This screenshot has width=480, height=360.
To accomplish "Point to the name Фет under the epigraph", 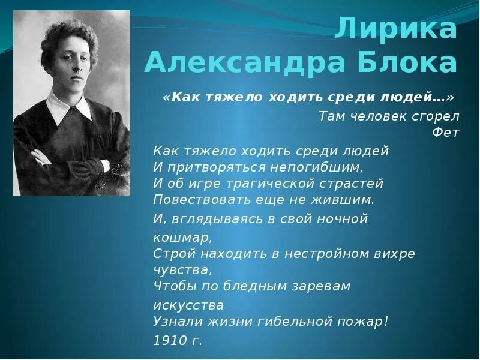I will (x=446, y=133).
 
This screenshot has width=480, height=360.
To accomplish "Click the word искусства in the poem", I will (x=188, y=304).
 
